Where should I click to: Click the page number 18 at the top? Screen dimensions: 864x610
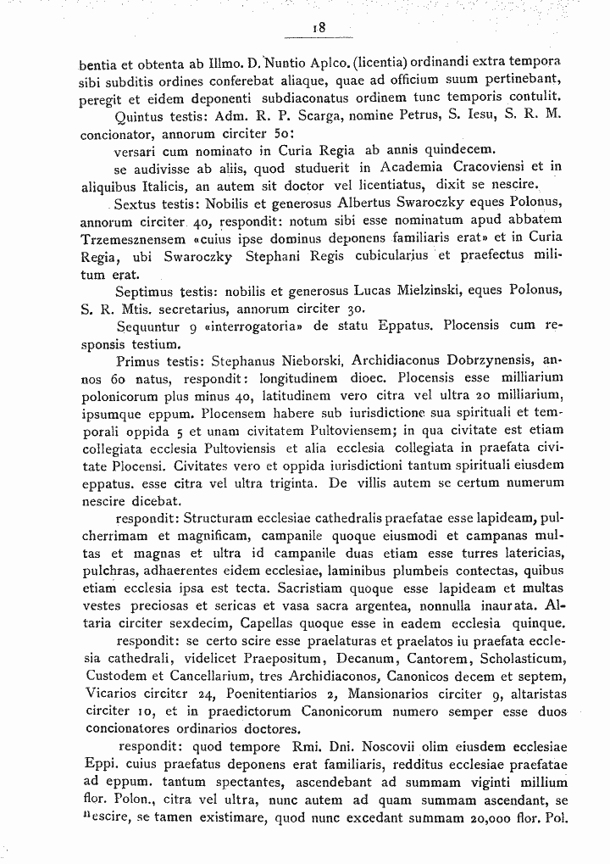(319, 28)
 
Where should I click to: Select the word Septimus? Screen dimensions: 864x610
(146, 292)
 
